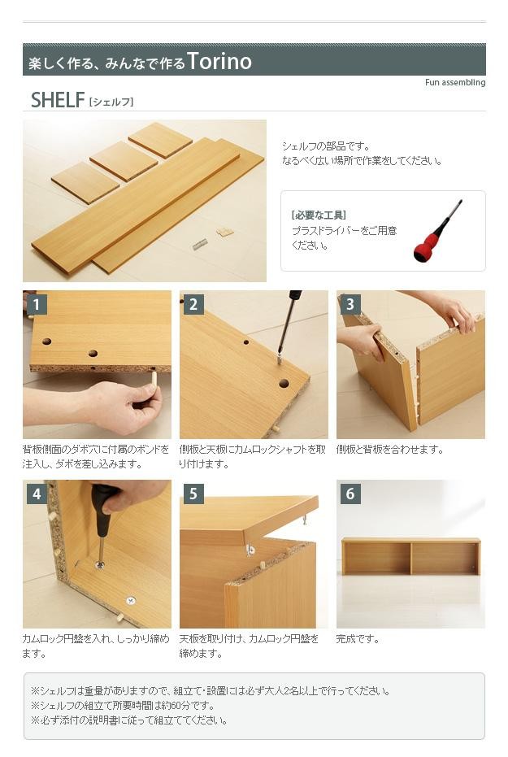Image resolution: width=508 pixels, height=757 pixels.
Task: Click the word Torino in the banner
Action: point(219,61)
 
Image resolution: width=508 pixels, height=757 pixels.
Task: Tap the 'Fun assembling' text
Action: point(455,83)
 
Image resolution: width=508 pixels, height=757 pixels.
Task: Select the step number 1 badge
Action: point(37,305)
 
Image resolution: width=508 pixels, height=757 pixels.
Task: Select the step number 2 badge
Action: point(193,305)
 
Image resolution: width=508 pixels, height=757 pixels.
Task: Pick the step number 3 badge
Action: point(350,305)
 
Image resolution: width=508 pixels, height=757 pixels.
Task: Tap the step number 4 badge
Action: point(37,494)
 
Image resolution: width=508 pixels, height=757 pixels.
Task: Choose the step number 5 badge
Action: point(193,494)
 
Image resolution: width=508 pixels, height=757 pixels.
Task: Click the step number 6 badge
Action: point(350,494)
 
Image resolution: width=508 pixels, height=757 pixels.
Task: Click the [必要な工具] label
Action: point(319,215)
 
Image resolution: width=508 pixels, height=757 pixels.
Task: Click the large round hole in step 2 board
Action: point(284,384)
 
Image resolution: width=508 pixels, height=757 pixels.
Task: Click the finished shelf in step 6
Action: point(411,557)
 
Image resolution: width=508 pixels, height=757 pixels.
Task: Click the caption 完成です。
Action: point(358,639)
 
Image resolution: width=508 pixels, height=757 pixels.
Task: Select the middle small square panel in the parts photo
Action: point(124,161)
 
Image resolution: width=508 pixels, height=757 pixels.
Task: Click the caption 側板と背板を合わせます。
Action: point(390,450)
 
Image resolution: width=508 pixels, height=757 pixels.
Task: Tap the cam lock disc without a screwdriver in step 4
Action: point(130,601)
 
